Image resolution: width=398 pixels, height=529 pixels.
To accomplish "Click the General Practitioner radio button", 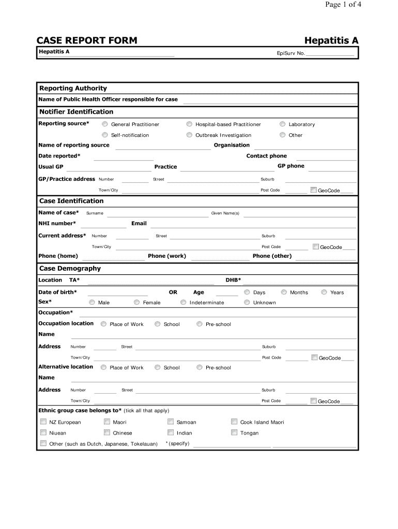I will tap(105, 124).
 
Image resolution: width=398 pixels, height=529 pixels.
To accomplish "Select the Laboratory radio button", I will tap(283, 124).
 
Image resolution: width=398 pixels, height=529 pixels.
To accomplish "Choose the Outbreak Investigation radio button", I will tap(190, 135).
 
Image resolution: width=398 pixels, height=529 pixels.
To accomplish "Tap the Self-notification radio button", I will tap(105, 135).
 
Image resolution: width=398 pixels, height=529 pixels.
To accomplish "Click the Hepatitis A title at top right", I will tap(331, 40).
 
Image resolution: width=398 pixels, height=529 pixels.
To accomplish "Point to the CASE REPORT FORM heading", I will tap(87, 40).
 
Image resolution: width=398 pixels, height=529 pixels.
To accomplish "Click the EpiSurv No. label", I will tap(291, 53).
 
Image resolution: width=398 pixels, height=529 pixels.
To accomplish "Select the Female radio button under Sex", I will tap(137, 302).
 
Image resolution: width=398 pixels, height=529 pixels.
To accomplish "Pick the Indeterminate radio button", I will tap(183, 302).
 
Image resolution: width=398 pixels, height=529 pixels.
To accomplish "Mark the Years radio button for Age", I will tap(324, 292).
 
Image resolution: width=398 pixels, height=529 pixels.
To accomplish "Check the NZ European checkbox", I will tap(43, 422).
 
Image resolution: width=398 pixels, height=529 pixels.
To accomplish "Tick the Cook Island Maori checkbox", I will tap(234, 422).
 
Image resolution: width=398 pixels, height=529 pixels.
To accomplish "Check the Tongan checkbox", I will tap(234, 432).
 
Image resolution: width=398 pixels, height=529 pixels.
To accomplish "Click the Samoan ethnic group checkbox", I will tap(171, 422).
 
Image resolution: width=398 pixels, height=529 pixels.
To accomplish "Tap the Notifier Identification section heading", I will tap(76, 112).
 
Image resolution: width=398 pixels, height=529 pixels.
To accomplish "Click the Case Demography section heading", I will tap(70, 269).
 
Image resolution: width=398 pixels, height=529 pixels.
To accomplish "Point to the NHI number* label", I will tap(57, 223).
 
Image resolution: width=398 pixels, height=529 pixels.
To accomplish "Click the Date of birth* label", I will tap(58, 292).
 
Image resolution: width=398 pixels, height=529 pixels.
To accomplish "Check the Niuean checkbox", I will tap(43, 432).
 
